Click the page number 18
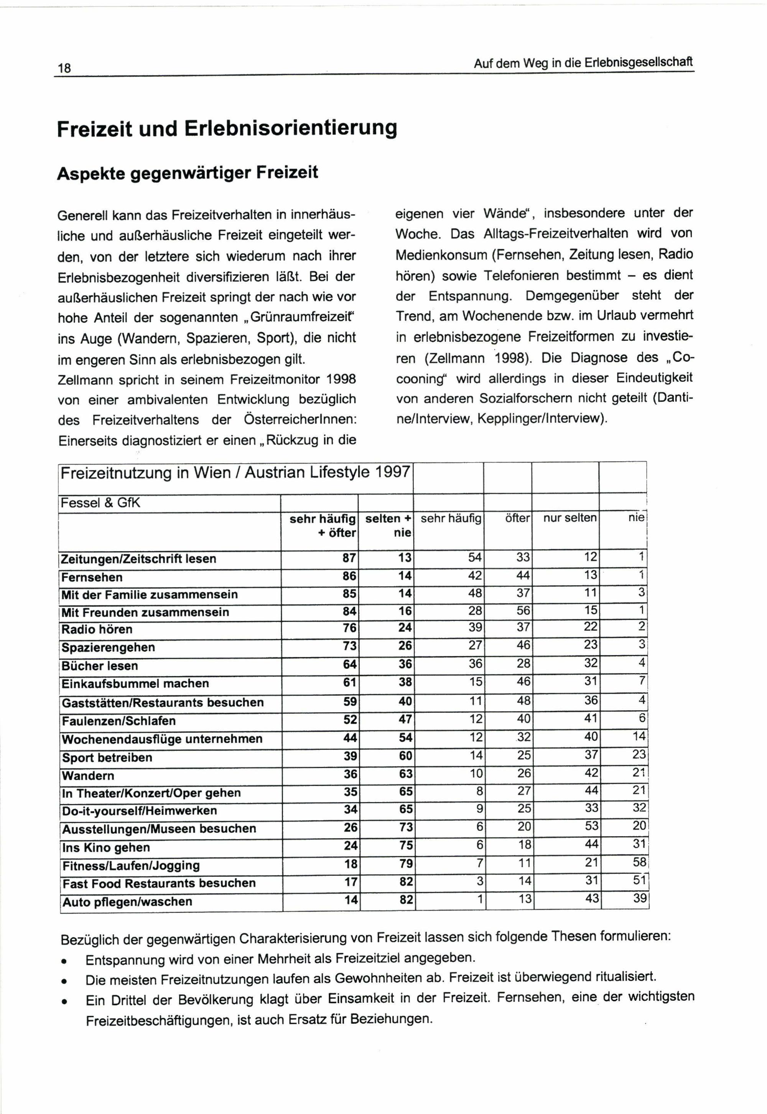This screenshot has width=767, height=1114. pos(64,68)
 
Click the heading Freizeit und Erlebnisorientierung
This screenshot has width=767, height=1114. pos(227,129)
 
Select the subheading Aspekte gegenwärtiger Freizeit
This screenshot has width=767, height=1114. pos(188,173)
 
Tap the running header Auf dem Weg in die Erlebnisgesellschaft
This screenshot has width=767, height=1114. pos(583,63)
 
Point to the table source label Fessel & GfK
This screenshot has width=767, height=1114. pos(100,503)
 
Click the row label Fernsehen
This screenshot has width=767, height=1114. pos(92,577)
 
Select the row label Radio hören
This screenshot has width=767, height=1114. pos(97,629)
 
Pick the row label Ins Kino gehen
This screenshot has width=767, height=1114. pos(106,847)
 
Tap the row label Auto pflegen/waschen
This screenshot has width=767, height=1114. pos(127,901)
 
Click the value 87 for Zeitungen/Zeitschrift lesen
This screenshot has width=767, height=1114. pos(349,558)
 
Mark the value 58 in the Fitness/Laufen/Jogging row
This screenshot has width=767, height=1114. pos(639,862)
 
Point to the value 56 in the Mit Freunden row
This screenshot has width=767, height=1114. pos(523,611)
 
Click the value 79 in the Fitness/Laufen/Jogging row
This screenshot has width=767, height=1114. pos(406,864)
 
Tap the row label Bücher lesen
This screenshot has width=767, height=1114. pos(99,666)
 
